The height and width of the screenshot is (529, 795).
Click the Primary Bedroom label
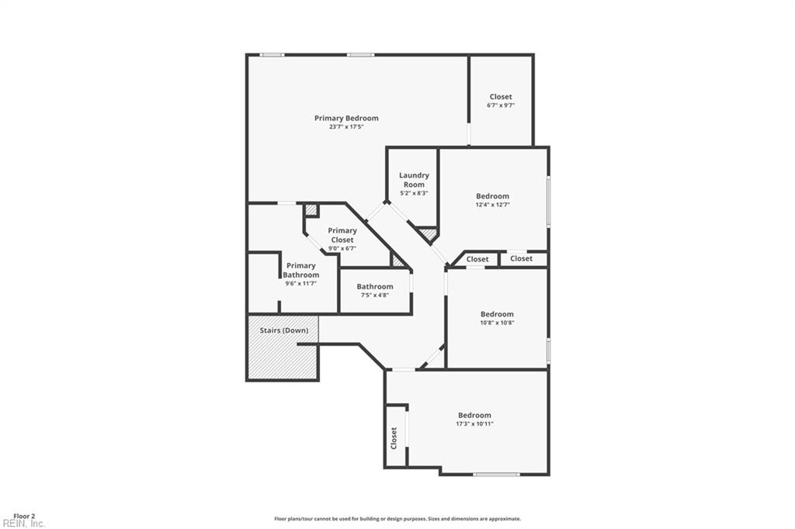(346, 118)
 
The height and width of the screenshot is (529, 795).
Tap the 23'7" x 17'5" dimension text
(346, 126)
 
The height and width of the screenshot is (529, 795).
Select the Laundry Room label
(414, 180)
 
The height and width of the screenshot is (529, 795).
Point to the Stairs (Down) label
(284, 330)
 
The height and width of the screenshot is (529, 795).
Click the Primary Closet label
(342, 235)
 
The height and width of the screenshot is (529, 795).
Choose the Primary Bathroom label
(301, 270)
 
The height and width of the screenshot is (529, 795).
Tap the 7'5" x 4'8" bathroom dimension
(375, 295)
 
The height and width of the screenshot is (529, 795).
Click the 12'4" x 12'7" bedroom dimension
(492, 205)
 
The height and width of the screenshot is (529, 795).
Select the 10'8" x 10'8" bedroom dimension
(498, 322)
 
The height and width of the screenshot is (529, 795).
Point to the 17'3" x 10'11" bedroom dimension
(474, 424)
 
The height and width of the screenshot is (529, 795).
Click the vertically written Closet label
(394, 438)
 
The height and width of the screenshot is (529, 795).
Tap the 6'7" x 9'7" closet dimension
(501, 105)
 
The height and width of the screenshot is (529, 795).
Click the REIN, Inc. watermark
(23, 524)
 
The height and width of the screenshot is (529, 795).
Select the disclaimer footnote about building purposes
(397, 519)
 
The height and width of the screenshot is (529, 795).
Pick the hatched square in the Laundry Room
(429, 234)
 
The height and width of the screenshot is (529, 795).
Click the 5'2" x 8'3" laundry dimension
(415, 193)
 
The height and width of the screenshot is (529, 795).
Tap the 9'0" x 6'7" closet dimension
(342, 248)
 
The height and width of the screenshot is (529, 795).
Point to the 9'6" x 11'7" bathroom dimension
(301, 283)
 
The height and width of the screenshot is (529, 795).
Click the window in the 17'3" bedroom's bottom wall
(496, 475)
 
